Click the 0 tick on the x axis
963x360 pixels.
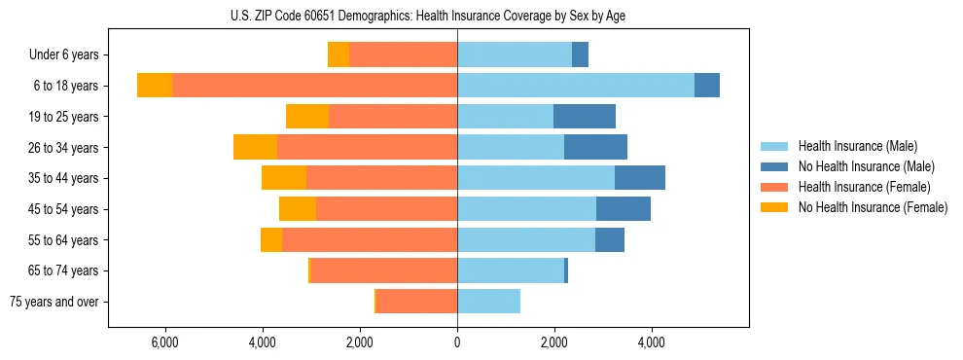point(457,342)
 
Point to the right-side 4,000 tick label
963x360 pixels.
point(651,342)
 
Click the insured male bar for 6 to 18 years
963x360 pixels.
point(576,86)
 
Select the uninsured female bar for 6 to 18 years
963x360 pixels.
point(155,86)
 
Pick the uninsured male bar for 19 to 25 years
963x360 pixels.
point(585,117)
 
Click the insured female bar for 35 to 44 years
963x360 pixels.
point(381,178)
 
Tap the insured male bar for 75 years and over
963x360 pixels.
point(488,302)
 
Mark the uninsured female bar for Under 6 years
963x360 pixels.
point(339,55)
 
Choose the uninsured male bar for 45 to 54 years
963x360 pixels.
point(624,209)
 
